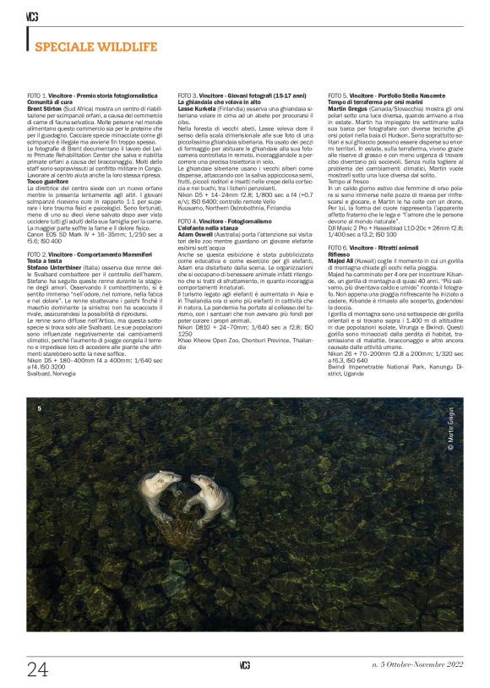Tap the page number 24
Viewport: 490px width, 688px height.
(37, 669)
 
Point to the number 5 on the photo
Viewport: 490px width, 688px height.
(39, 409)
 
